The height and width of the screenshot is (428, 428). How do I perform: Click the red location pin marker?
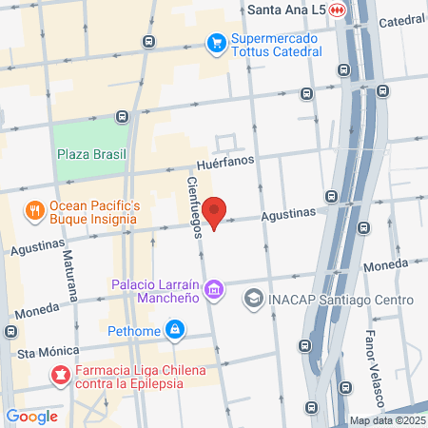click(216, 212)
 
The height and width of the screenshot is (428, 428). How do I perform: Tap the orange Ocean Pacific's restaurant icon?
click(34, 212)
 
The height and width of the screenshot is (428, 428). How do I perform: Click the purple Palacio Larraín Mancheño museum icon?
click(215, 288)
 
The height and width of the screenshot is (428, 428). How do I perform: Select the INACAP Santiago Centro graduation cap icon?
click(253, 300)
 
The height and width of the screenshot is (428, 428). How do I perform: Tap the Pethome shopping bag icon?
click(174, 330)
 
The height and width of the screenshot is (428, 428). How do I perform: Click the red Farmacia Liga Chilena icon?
click(60, 376)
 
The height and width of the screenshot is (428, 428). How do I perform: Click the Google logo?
click(31, 416)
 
